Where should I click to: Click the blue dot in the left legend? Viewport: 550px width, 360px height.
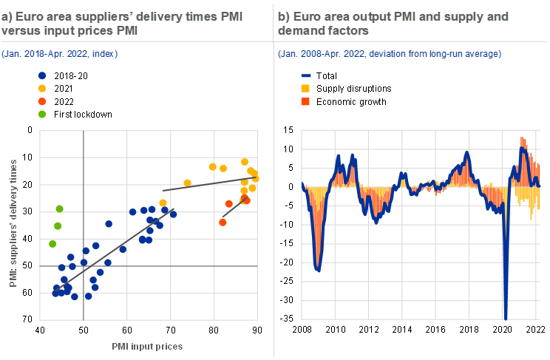pos(42,75)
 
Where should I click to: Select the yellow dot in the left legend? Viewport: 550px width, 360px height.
pos(42,88)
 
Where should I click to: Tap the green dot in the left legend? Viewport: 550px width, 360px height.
pos(42,114)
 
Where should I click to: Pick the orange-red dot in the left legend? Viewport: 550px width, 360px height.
pos(42,101)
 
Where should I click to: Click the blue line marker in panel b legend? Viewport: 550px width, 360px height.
pos(306,75)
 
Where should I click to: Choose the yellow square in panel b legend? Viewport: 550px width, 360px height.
pos(306,88)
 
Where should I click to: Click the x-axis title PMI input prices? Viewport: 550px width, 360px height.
pos(147,346)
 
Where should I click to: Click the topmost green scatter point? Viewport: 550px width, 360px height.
pos(60,208)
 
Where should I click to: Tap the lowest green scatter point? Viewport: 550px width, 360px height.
pos(52,243)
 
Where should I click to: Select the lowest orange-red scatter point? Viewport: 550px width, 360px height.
pos(223,222)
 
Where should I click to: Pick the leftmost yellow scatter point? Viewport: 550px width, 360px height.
pos(163,203)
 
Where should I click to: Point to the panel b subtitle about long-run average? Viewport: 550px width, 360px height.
pos(390,54)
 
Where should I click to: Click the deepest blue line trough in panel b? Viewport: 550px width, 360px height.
pos(506,316)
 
